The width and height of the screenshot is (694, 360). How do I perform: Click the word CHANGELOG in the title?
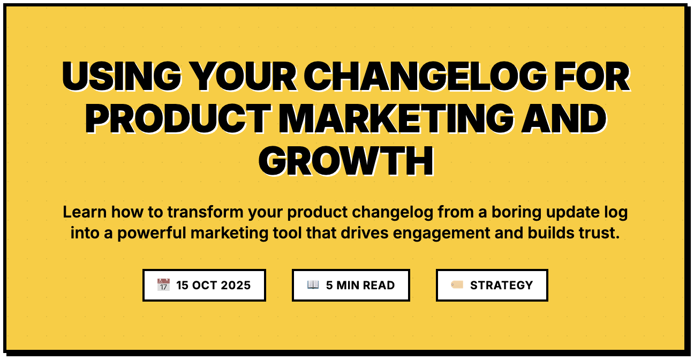pos(425,76)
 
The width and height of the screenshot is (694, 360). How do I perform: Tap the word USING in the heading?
pos(122,76)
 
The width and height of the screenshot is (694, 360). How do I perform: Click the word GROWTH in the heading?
pos(346,161)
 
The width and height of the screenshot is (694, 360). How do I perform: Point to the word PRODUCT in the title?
pos(178,118)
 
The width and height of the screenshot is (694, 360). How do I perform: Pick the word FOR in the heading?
pos(592,76)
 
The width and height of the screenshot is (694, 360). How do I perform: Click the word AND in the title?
pos(564,118)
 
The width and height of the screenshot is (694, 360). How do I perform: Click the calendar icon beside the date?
pos(163,284)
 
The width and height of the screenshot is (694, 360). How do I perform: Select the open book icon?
pos(313,284)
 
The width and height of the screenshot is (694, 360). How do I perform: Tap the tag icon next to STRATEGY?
pos(457,284)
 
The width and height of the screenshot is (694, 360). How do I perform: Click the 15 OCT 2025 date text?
pos(214,286)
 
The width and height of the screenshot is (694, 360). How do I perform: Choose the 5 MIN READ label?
pos(360,286)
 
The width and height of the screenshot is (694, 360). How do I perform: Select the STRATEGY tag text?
pos(502,286)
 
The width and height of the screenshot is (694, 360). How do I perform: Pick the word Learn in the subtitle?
pos(85,212)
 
